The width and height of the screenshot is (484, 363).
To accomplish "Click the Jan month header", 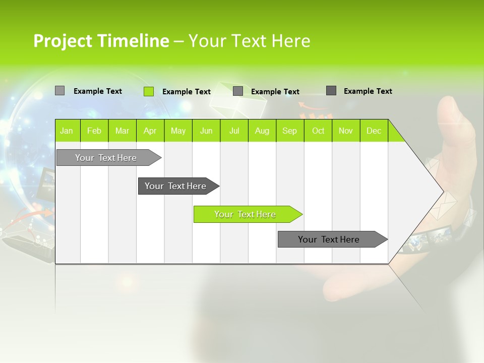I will pos(67,131).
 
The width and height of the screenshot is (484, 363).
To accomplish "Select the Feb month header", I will pos(94,131).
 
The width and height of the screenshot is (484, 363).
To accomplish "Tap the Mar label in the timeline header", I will pos(122,131).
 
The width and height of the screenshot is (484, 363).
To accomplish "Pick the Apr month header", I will pos(150,131).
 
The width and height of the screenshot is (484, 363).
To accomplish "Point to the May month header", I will pos(178,131).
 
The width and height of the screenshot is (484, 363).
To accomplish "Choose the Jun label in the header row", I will pos(206,131).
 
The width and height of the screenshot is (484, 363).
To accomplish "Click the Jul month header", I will pos(234,131).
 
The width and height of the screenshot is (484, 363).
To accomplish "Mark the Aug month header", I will pos(262,131).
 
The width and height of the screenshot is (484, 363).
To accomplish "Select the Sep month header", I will pos(289,131).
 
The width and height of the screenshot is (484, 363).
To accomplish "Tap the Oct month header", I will pos(318,131).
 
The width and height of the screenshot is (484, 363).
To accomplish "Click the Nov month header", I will pos(346,131).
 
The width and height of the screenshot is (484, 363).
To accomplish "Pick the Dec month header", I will pos(374,131).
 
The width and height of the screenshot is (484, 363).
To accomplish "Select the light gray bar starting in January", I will pos(106,158).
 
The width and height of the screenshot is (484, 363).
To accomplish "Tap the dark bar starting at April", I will pos(176,186).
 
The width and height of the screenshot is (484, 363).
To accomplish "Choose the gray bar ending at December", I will pos(329,239).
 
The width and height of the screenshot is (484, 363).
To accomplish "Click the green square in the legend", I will pos(149,91).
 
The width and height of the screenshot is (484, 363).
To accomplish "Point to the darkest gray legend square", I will pos(331,91).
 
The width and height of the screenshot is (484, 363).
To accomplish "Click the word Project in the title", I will pos(63,41).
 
